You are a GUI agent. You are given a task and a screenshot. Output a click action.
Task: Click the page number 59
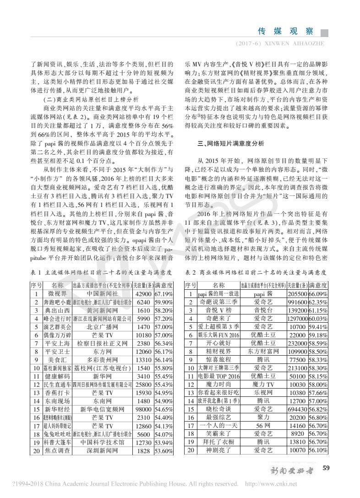[326, 468]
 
